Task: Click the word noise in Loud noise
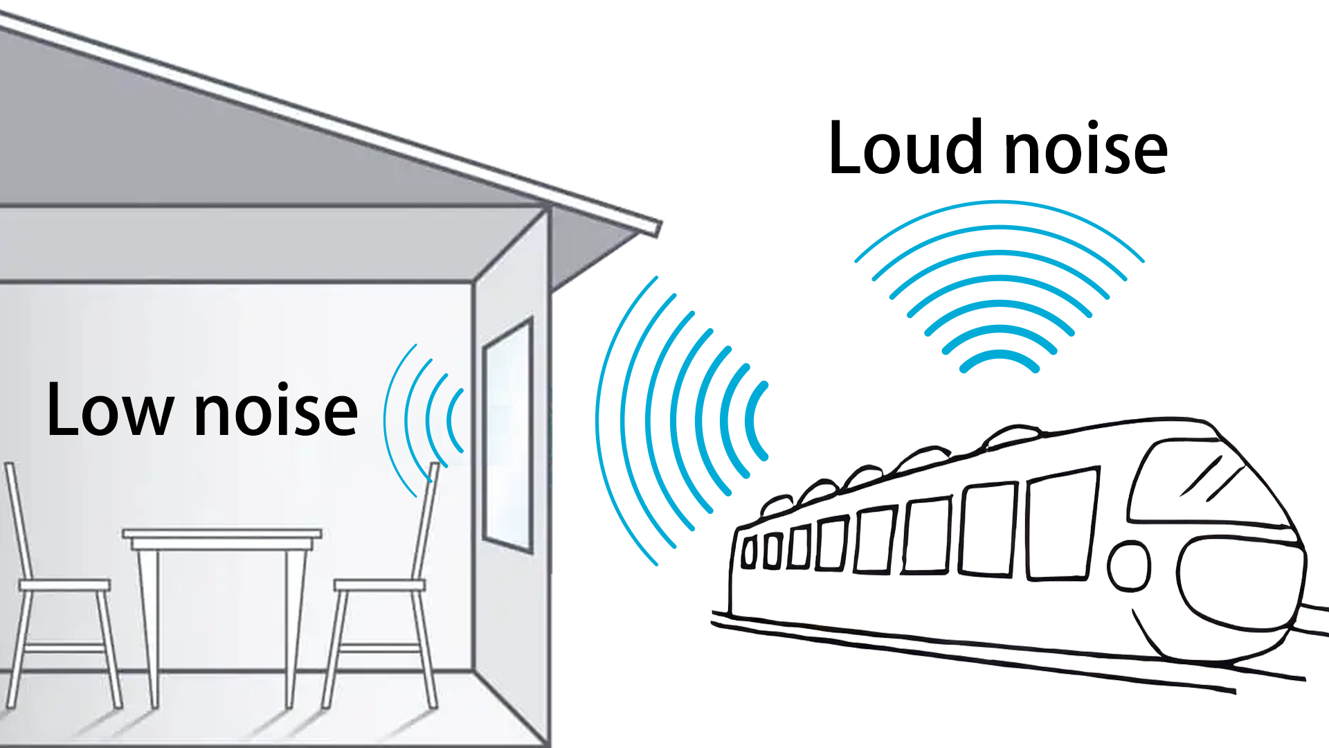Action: point(1085,150)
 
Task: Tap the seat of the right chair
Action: point(379,585)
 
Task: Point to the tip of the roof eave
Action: point(657,228)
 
